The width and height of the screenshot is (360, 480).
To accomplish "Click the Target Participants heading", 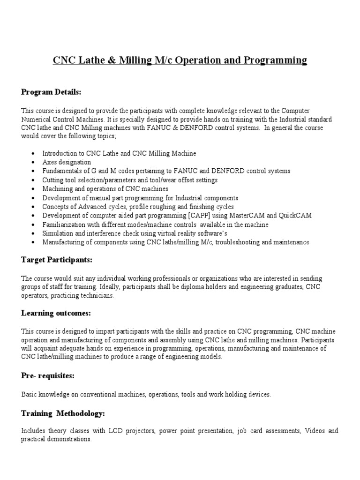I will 56,259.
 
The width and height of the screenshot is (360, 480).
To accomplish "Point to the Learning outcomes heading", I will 56,313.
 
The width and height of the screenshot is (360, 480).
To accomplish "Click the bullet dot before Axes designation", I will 32,163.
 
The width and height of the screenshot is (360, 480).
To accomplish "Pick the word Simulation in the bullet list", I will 57,233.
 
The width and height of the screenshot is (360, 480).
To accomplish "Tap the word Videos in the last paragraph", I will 314,431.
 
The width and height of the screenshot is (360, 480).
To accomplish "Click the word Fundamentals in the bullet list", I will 63,171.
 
